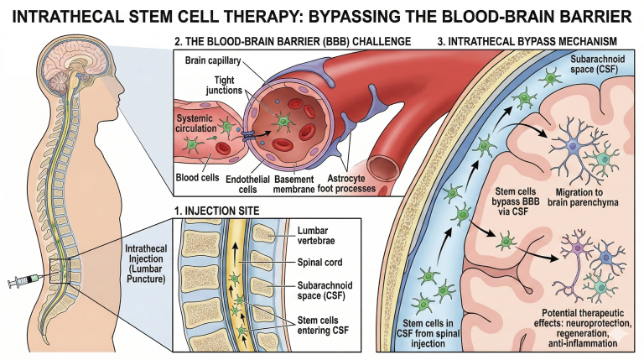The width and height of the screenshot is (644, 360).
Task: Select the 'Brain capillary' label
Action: point(213,63)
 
